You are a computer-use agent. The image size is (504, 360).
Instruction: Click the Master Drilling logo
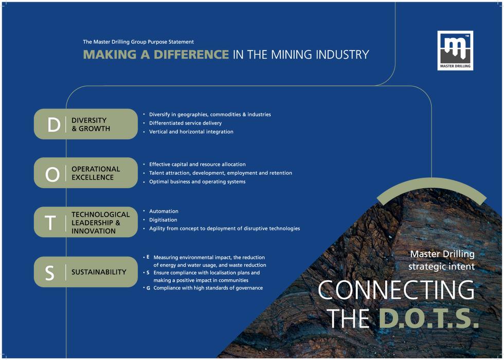(x=455, y=50)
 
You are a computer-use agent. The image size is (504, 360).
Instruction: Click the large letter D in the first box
(x=53, y=124)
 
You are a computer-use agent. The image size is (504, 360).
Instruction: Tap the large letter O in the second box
(x=52, y=174)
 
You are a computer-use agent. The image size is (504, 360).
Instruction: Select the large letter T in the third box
(x=50, y=223)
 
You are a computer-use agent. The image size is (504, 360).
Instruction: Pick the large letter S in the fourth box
(x=50, y=273)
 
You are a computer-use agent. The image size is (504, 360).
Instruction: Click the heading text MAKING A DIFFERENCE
(x=156, y=55)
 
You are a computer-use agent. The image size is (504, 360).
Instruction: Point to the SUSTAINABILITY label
(x=99, y=272)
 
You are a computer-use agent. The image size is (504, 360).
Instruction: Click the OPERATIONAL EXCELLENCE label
(x=96, y=173)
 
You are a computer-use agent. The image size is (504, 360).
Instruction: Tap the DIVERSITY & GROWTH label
(x=91, y=124)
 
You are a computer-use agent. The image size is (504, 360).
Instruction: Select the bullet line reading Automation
(x=164, y=211)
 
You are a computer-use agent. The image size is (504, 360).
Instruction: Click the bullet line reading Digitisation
(x=163, y=220)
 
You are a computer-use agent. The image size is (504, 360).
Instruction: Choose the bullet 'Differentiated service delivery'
(x=185, y=123)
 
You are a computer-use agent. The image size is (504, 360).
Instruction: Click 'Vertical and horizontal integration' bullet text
(x=191, y=132)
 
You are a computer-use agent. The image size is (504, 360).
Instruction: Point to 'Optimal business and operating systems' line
(x=197, y=182)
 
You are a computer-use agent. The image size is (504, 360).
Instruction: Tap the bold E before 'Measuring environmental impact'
(x=148, y=257)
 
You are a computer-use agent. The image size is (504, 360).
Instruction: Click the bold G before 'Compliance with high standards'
(x=148, y=289)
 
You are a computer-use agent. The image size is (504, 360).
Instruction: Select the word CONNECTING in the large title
(x=396, y=291)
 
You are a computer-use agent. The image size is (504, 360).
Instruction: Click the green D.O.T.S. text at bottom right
(x=428, y=319)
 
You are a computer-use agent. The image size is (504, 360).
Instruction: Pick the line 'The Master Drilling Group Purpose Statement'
(x=138, y=42)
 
